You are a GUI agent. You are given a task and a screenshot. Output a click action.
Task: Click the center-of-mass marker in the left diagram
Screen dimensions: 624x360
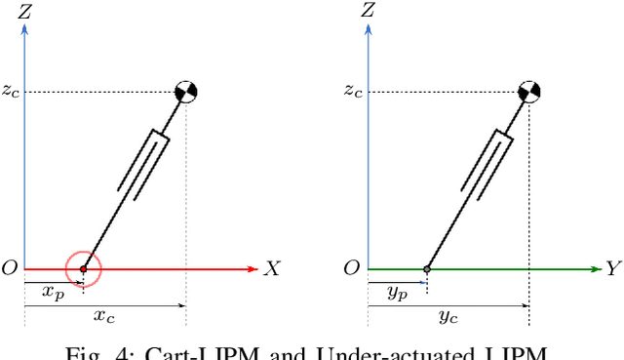point(185,92)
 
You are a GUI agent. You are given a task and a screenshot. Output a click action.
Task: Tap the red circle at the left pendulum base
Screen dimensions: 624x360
point(83,267)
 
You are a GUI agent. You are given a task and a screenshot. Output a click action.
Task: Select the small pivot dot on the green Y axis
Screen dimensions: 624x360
point(427,268)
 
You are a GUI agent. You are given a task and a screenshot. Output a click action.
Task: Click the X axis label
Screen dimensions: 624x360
point(271,269)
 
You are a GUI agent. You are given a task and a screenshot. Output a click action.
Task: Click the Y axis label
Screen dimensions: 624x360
point(613,269)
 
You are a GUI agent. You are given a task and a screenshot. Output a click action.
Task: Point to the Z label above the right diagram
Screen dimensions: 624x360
point(368,12)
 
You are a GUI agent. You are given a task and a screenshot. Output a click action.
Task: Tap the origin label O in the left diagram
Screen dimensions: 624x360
point(10,268)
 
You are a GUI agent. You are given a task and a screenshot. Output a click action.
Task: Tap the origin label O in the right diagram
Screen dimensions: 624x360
point(352,268)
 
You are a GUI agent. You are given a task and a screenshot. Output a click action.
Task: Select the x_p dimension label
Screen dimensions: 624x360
point(52,292)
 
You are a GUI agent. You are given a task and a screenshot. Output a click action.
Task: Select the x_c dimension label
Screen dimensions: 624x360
point(103,315)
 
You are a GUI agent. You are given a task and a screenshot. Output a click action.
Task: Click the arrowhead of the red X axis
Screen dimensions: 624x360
point(253,268)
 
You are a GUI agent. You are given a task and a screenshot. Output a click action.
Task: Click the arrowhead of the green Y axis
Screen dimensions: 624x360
point(595,268)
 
